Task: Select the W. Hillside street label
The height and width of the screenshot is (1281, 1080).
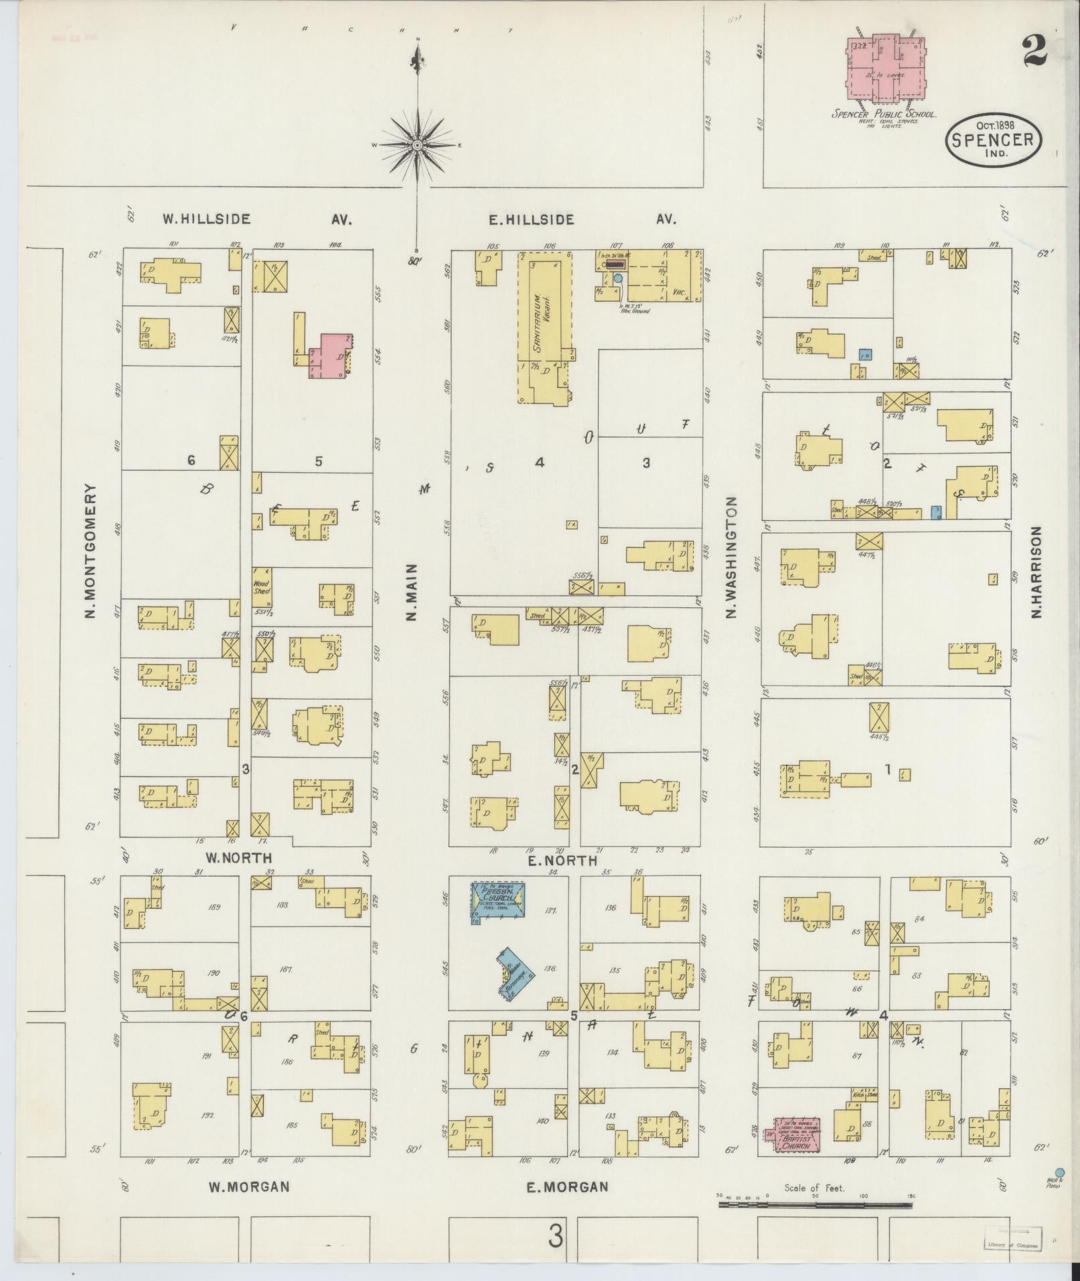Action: click(207, 219)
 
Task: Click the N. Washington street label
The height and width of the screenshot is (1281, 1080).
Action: click(731, 557)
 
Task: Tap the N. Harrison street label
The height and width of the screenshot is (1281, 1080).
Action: click(1036, 571)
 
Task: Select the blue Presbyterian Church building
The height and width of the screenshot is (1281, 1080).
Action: click(498, 899)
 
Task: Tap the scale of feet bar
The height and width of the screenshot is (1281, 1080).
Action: click(815, 1205)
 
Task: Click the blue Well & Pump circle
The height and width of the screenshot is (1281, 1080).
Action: click(1059, 1172)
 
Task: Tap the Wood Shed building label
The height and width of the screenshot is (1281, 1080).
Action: click(261, 587)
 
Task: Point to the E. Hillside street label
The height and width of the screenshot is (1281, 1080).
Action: click(530, 219)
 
